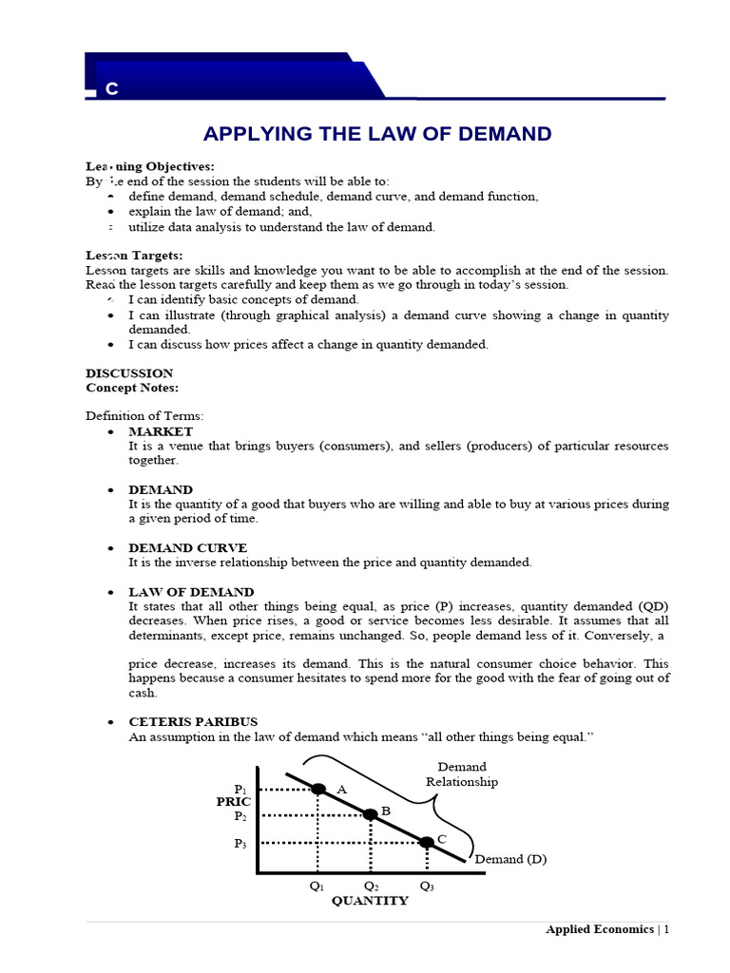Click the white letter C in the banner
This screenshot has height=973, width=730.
tap(112, 89)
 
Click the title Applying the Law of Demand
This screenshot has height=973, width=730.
tap(378, 134)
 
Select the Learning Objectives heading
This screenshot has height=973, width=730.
tap(150, 166)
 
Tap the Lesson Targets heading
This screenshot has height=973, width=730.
tap(134, 256)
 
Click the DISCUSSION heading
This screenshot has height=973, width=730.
tap(129, 373)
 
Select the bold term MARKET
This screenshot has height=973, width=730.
tap(161, 431)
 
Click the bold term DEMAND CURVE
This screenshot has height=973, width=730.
tap(187, 548)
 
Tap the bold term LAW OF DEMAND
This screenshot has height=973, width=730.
tap(191, 592)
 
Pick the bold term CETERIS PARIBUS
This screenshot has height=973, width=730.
tap(193, 722)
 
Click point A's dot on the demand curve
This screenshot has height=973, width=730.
tap(317, 789)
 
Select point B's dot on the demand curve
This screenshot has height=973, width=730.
tap(371, 814)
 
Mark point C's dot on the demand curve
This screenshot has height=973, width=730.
tap(427, 842)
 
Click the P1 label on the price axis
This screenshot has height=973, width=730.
tap(240, 790)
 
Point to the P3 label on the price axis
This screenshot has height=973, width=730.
tap(240, 843)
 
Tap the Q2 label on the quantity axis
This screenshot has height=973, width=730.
tap(371, 886)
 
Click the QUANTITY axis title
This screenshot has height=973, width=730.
tap(370, 901)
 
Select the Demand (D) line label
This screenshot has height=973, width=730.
tap(510, 859)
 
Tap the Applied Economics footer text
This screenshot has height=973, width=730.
tap(600, 929)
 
